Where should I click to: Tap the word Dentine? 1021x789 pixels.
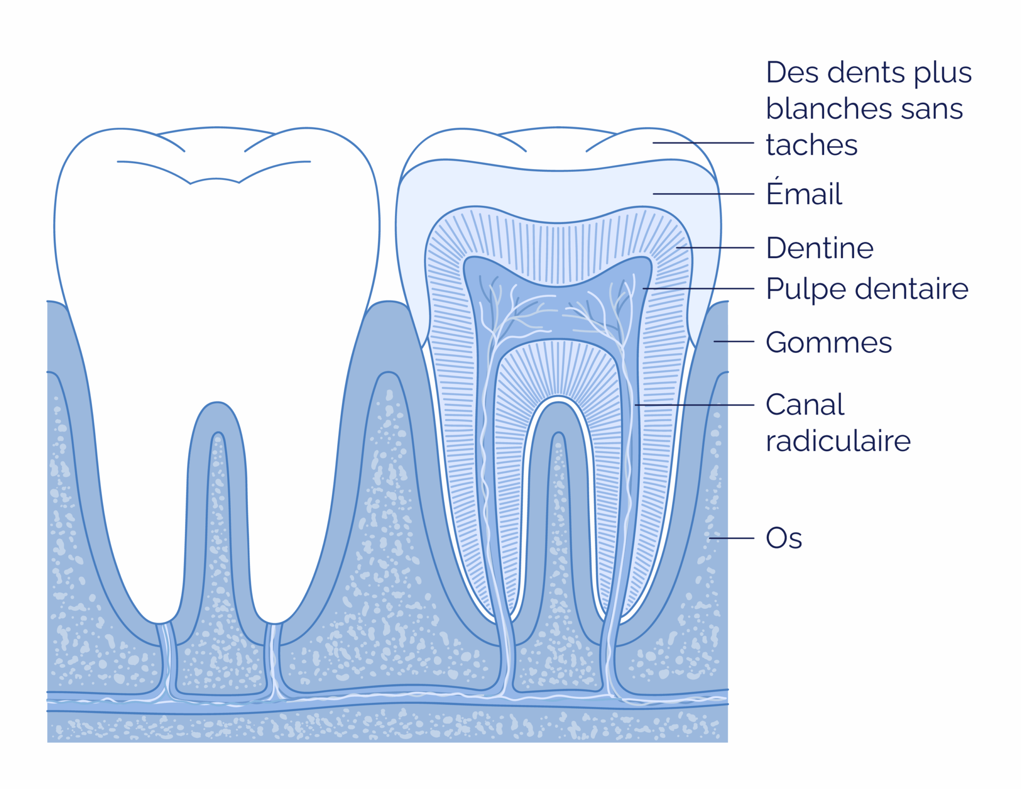pyautogui.click(x=819, y=248)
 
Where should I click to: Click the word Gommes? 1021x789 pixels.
pyautogui.click(x=828, y=342)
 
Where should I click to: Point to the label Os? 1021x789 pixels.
pyautogui.click(x=784, y=538)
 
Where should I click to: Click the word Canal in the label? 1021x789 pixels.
pyautogui.click(x=805, y=405)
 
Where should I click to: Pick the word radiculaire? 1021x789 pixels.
pyautogui.click(x=838, y=441)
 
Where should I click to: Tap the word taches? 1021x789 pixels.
pyautogui.click(x=811, y=145)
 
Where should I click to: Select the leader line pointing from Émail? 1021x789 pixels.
pyautogui.click(x=704, y=194)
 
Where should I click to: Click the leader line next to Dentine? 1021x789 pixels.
pyautogui.click(x=715, y=248)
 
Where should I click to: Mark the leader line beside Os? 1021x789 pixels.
pyautogui.click(x=732, y=538)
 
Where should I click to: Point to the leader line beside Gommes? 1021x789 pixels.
pyautogui.click(x=734, y=342)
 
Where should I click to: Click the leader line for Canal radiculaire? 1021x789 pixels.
pyautogui.click(x=694, y=405)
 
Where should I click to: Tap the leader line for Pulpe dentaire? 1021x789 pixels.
pyautogui.click(x=699, y=288)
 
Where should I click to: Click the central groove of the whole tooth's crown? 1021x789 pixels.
pyautogui.click(x=215, y=180)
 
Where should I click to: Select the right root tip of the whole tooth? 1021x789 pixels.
pyautogui.click(x=274, y=621)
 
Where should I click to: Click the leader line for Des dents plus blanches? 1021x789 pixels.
pyautogui.click(x=704, y=143)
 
